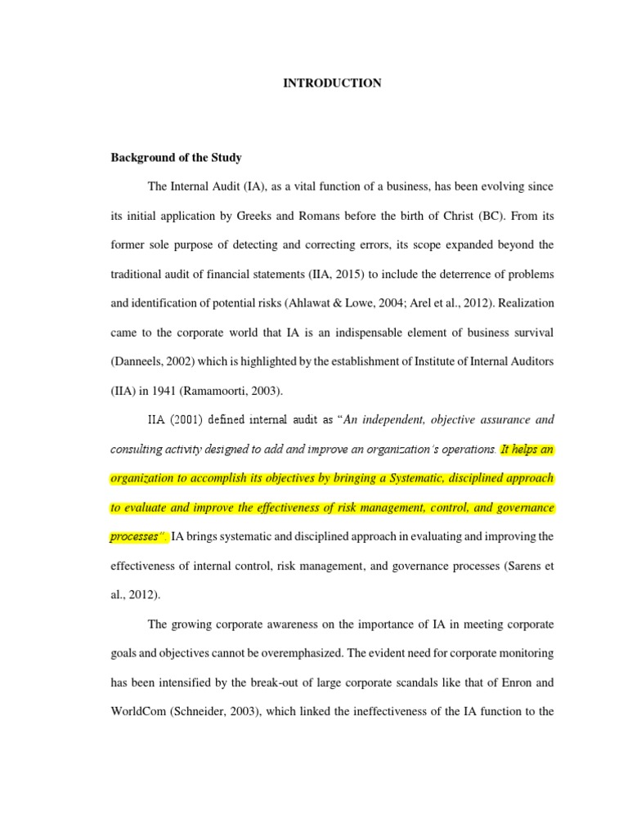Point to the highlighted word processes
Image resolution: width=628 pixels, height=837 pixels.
click(135, 537)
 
